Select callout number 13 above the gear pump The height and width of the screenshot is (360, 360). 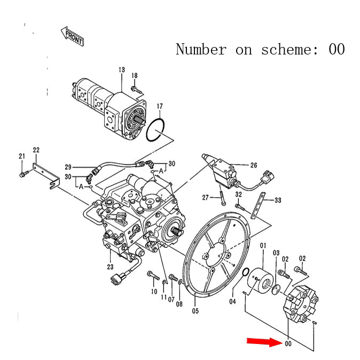coord(122,70)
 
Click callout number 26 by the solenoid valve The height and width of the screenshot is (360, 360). coord(253,165)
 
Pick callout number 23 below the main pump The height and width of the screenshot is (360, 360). coord(111,267)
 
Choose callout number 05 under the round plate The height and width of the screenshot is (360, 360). coord(195,311)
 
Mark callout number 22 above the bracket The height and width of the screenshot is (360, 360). coord(36,150)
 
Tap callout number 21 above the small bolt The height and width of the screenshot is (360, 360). coord(22,156)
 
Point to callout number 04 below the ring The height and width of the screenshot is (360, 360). coord(232,302)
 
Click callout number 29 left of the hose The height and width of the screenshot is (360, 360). coord(68,167)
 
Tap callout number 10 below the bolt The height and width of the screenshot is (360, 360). coord(154,291)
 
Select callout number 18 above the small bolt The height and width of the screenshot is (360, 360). coord(135,75)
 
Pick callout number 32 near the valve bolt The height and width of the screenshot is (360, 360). coord(238,194)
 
